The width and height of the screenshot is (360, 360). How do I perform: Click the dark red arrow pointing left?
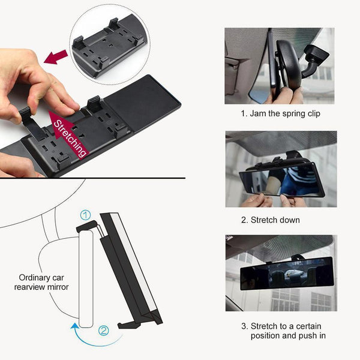(56, 57)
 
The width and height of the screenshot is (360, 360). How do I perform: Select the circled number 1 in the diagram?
(86, 215)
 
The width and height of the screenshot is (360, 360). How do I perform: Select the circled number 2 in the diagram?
(104, 331)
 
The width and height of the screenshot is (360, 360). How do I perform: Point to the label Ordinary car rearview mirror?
(41, 282)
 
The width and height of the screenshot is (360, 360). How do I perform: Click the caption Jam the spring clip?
(280, 113)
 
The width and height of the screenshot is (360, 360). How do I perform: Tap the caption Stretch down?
(271, 220)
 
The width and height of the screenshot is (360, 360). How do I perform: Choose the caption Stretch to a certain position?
(283, 331)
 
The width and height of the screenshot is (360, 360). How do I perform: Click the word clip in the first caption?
(313, 114)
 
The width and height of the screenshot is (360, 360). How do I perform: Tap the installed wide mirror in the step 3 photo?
(287, 274)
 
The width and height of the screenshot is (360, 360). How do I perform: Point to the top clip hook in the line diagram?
(87, 226)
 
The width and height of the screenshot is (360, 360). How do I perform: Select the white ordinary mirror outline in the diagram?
(86, 279)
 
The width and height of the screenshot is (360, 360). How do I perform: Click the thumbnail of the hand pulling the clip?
(280, 66)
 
